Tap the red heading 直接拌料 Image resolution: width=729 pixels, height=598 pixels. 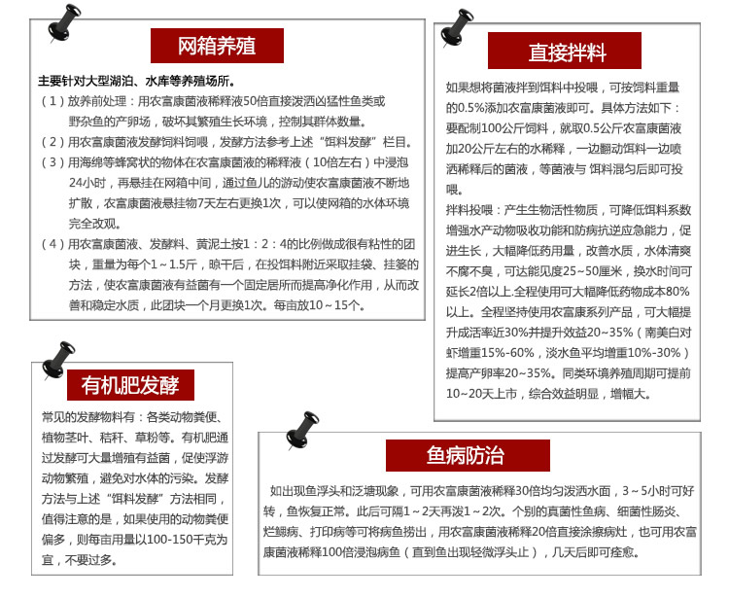tap(566, 51)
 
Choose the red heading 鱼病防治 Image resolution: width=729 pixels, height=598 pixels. tap(465, 456)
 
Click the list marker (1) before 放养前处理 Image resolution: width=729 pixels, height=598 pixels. tap(52, 101)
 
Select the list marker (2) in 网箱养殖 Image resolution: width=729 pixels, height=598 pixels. tap(52, 141)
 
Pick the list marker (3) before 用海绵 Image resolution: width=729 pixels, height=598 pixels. tap(52, 161)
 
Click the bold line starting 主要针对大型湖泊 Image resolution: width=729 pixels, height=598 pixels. tap(135, 81)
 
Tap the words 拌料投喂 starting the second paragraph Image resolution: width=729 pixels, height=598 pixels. tap(469, 209)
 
